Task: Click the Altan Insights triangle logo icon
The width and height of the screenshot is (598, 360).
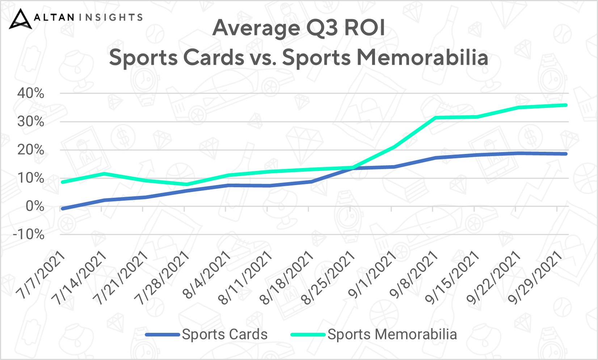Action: pos(20,19)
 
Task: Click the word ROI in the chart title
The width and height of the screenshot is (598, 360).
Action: pos(365,28)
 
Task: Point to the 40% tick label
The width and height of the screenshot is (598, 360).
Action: pos(31,93)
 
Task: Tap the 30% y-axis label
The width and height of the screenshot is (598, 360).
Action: pos(31,122)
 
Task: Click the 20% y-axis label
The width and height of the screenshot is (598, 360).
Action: pos(31,150)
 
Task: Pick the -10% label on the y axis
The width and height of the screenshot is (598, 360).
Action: pos(29,234)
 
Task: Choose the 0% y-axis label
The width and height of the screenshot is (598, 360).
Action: pos(35,206)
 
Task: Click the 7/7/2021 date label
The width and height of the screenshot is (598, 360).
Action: pos(41,275)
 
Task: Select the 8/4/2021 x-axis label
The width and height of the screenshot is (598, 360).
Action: pos(206,275)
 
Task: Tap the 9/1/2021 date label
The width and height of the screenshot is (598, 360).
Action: pos(372,275)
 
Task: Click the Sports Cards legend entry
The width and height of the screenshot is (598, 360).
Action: pos(206,334)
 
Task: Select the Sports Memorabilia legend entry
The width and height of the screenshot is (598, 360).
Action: pos(374,334)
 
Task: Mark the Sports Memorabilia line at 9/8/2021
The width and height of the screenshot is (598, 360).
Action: pos(435,117)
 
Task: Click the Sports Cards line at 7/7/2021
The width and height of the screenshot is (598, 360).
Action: pos(63,209)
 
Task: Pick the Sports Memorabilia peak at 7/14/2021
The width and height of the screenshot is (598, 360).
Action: pos(104,174)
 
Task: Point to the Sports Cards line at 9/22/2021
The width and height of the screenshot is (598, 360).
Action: pos(518,153)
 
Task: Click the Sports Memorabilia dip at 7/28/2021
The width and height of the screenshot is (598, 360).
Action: pos(187,184)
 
